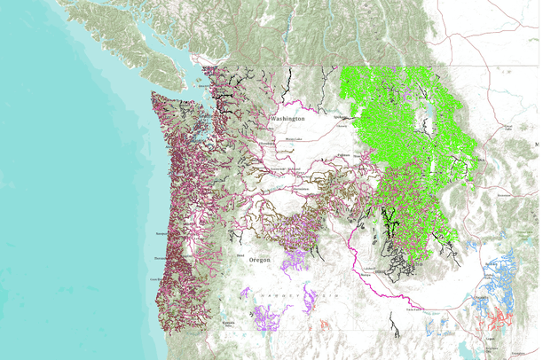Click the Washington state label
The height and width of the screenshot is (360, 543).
click(287, 118)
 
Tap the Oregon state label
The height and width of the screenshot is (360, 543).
click(259, 260)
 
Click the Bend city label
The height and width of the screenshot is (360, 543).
click(240, 255)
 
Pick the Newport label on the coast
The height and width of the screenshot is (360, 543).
click(161, 234)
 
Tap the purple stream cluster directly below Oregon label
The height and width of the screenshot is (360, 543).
click(294, 262)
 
